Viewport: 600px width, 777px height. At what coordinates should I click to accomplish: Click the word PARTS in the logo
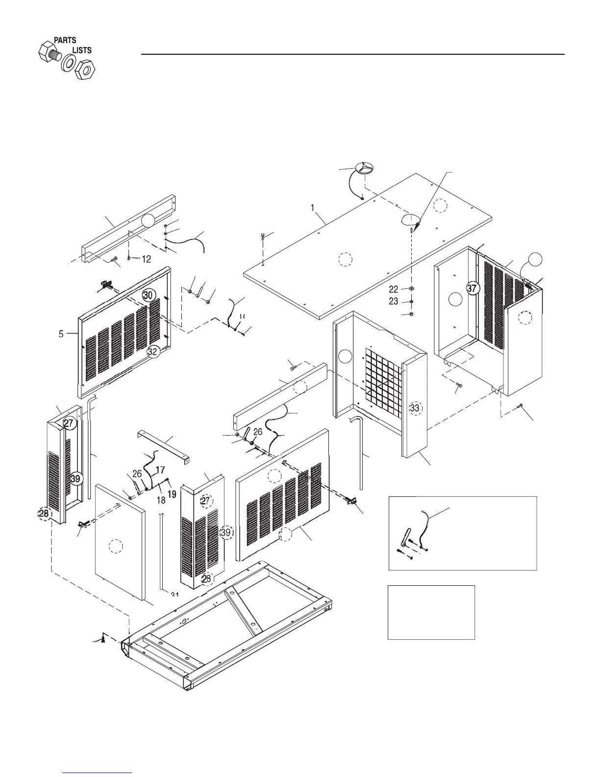(x=65, y=40)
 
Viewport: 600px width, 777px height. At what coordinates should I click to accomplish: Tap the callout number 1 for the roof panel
(x=312, y=207)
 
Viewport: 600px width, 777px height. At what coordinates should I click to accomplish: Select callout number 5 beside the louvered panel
(x=61, y=334)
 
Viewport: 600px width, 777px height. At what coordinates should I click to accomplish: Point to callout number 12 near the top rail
(x=146, y=259)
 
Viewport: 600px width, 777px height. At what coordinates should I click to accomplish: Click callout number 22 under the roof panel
(x=394, y=290)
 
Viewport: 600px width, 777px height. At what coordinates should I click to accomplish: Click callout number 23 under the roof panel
(x=394, y=302)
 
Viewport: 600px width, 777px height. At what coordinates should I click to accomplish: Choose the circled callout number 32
(x=154, y=351)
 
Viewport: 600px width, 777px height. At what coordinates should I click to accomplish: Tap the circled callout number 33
(x=415, y=408)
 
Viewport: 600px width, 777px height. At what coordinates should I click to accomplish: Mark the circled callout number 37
(x=472, y=289)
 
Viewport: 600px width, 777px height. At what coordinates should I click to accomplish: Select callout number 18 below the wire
(x=161, y=500)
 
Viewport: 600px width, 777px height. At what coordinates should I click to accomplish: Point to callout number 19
(x=172, y=494)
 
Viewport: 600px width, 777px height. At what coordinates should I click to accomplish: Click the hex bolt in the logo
(x=49, y=52)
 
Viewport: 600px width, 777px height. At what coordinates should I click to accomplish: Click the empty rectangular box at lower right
(x=431, y=612)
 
